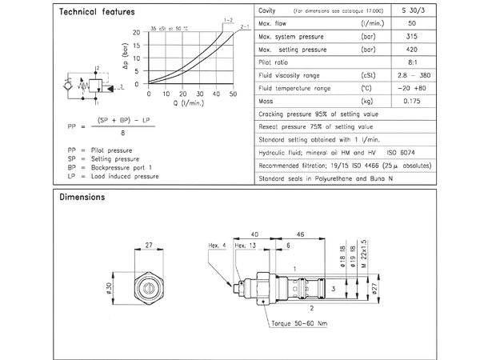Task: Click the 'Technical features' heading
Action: coord(97,12)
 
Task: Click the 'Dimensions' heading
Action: coord(82,197)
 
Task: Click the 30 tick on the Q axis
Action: coord(200,94)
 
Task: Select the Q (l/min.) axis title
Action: coord(190,102)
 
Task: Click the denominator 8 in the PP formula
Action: coord(121,134)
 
